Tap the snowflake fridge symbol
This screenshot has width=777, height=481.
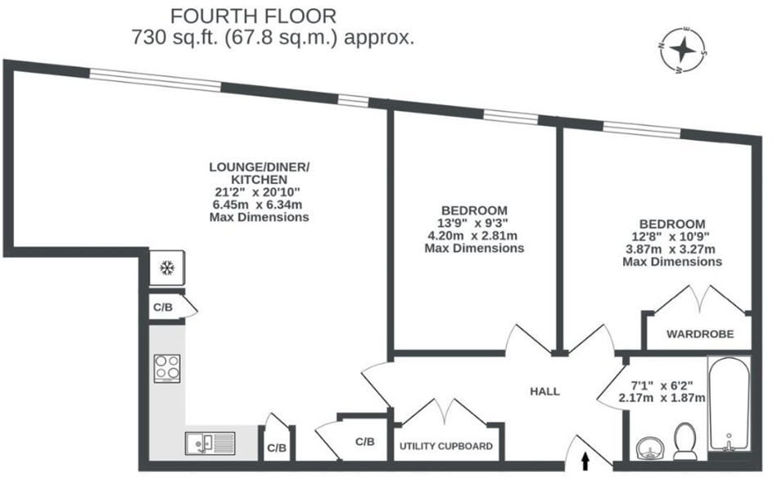(167, 268)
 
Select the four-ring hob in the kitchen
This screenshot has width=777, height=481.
(168, 368)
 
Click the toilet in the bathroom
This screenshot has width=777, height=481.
(682, 443)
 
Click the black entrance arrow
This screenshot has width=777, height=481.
(585, 464)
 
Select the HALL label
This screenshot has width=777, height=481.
(544, 392)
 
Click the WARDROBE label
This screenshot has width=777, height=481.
(698, 335)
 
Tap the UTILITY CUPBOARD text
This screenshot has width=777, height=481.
(446, 447)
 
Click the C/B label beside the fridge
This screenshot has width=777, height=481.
(162, 308)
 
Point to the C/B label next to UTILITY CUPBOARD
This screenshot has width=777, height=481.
(365, 442)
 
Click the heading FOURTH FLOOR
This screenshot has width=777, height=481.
(253, 16)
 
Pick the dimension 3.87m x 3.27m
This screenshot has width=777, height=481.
(671, 249)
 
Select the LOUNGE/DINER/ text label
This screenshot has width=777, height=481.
(259, 167)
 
